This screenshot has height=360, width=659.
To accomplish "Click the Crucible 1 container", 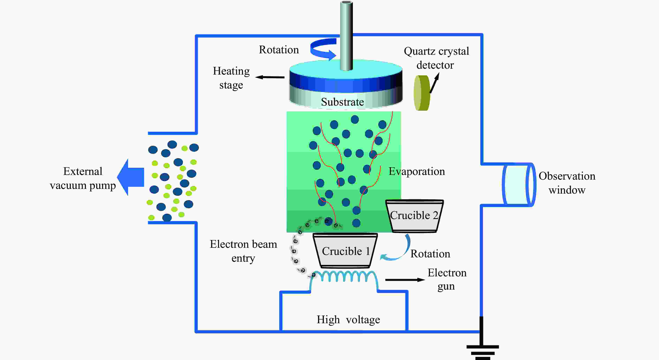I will (345, 251).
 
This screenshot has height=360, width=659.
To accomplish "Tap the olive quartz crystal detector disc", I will (422, 93).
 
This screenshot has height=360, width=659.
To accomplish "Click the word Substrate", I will (342, 102).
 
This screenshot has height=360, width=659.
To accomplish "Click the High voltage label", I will (348, 320).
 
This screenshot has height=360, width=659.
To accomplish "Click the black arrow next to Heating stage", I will (270, 77).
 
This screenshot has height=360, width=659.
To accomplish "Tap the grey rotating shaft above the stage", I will (346, 36).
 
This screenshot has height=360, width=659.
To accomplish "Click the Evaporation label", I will (417, 171).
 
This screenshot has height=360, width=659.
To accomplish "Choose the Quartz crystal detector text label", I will (436, 58).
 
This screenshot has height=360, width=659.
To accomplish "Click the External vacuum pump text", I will (83, 178).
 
